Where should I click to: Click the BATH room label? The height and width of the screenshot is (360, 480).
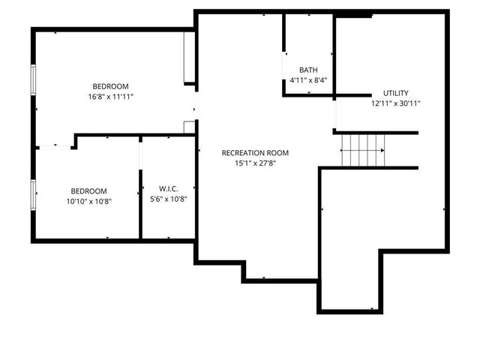tap(307, 70)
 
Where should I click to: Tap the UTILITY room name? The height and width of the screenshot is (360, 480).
tap(395, 93)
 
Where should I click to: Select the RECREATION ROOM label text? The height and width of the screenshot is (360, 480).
tap(255, 153)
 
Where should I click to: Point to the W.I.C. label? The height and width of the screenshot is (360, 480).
tap(168, 188)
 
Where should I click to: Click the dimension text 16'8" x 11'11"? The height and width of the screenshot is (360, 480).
tap(111, 96)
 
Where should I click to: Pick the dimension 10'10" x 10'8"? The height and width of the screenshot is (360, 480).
tap(88, 201)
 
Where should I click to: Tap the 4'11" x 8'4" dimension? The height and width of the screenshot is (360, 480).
tap(307, 80)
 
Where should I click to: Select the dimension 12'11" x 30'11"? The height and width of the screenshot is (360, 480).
tap(395, 103)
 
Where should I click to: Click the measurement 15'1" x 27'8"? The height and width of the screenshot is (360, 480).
tap(255, 163)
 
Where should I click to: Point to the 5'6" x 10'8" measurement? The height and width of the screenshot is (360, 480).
tap(168, 199)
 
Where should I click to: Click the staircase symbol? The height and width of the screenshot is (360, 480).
tap(363, 150)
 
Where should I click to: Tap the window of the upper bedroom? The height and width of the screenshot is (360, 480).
tap(33, 80)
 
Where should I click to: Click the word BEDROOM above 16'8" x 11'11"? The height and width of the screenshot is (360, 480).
tap(111, 85)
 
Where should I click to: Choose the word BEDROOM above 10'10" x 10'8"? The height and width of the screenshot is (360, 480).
tap(88, 190)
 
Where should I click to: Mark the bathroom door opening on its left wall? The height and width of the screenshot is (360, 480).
tap(283, 63)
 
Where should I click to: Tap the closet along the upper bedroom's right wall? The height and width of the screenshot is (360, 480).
tap(189, 58)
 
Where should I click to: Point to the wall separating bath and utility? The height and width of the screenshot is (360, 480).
tap(334, 56)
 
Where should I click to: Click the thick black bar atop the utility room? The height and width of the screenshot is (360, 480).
tap(353, 14)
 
